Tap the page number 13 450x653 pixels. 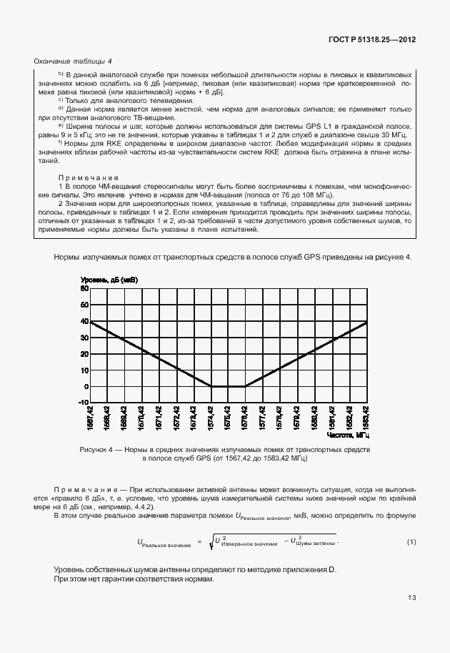[411, 598]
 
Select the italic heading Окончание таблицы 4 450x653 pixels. [73, 62]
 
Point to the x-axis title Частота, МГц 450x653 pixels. [351, 434]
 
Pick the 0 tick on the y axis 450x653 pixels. [85, 387]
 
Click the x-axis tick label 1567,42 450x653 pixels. [90, 418]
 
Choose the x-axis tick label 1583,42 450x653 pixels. [366, 418]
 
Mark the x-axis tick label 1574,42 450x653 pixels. [211, 418]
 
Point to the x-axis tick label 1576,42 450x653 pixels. [245, 418]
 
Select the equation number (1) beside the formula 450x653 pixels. [411, 541]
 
